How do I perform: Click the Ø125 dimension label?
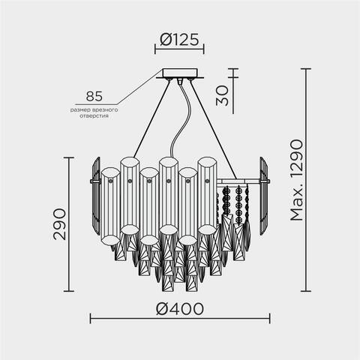pyautogui.click(x=180, y=39)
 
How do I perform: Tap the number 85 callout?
pyautogui.click(x=94, y=97)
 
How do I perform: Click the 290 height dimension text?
pyautogui.click(x=59, y=223)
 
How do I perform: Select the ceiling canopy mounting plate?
pyautogui.click(x=180, y=74)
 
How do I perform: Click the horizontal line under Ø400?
pyautogui.click(x=180, y=319)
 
